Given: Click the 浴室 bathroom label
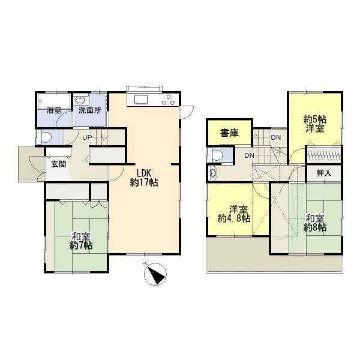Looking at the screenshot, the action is [x=54, y=110].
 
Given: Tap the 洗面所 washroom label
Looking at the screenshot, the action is [x=90, y=110].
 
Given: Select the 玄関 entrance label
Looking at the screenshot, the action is [x=59, y=164].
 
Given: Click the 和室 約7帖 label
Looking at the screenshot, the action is [x=81, y=241].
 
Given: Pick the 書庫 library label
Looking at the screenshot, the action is [x=229, y=133].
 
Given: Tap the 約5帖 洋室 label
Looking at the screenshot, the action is [x=315, y=124].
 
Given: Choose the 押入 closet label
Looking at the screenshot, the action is [x=324, y=173].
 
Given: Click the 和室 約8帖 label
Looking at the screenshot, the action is [x=315, y=223].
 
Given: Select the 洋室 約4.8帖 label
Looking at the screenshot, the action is [x=234, y=214].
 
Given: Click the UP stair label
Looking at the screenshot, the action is [x=87, y=137].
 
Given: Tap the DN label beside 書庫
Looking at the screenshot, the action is [x=276, y=137].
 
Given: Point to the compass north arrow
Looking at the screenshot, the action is [x=155, y=274].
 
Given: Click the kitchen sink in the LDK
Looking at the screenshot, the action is [x=142, y=100].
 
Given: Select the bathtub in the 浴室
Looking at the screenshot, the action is [x=54, y=101].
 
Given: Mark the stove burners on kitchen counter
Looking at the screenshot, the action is [x=168, y=100].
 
